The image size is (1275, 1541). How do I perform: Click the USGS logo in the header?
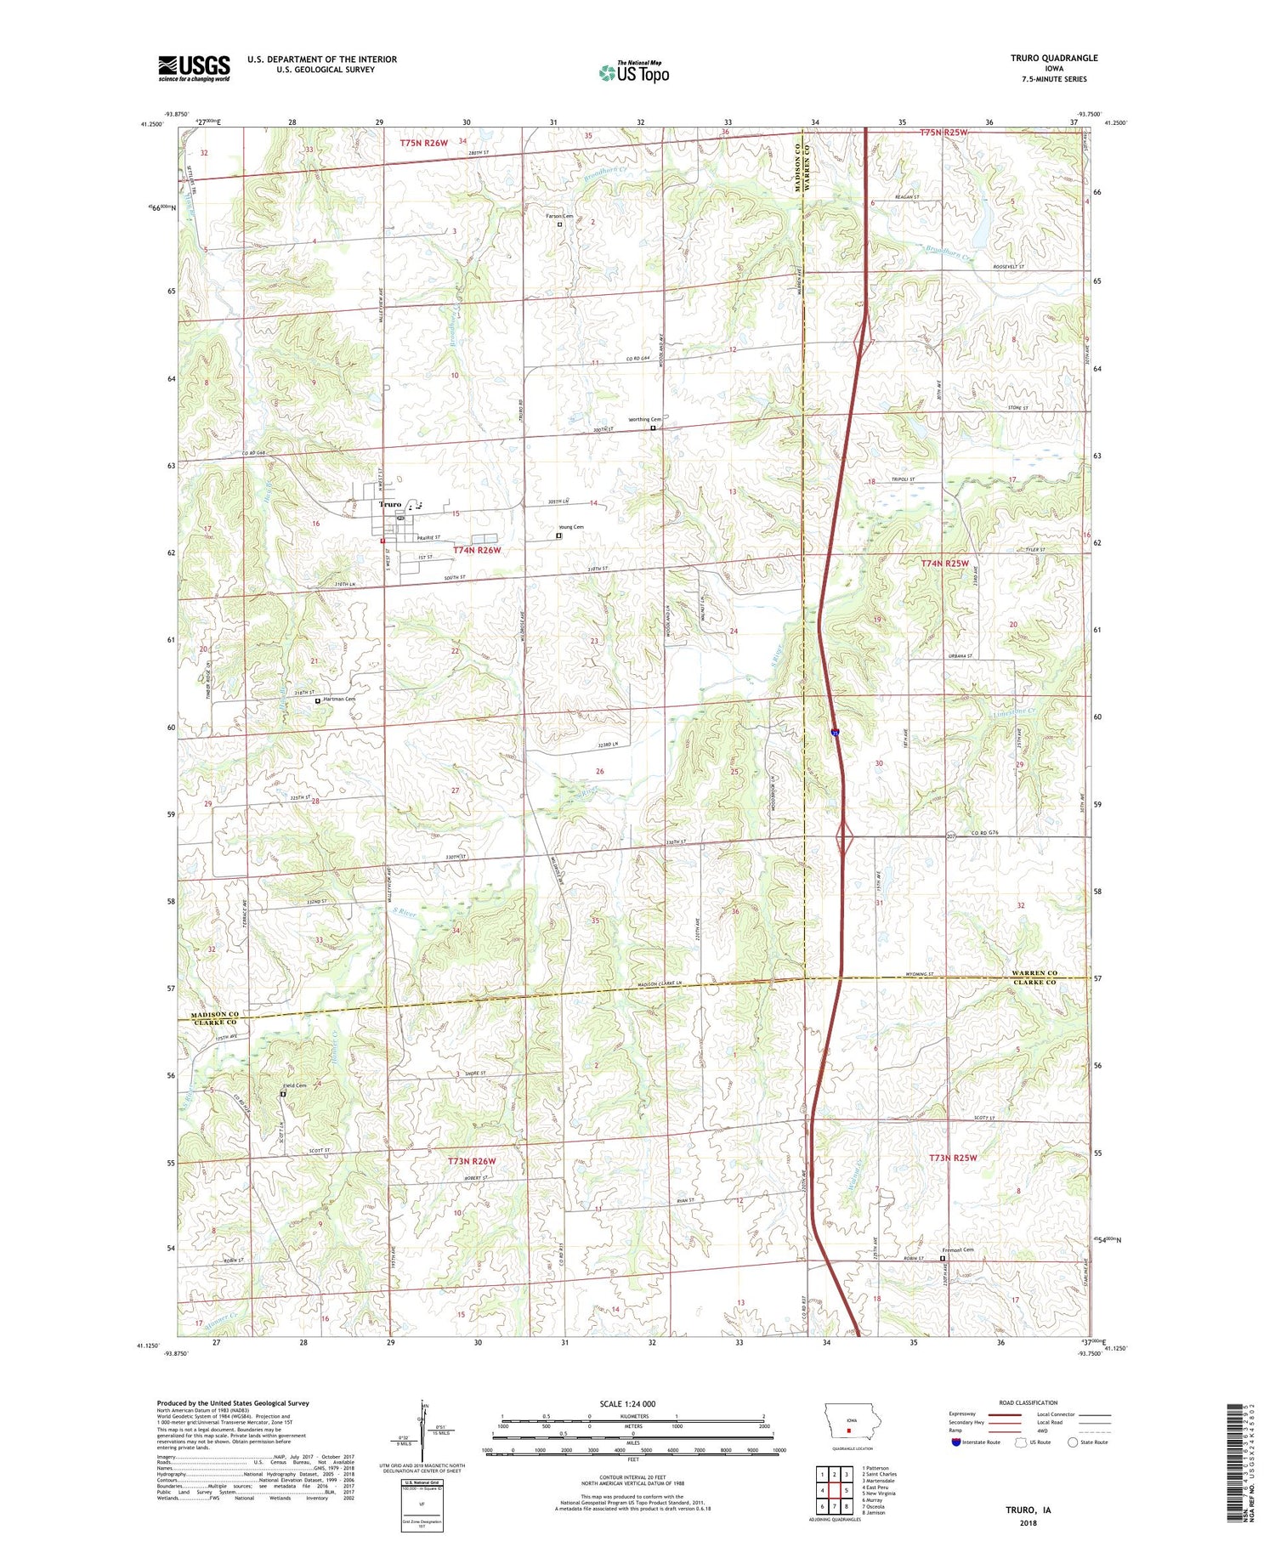(x=194, y=68)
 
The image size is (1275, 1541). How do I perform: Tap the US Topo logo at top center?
(x=633, y=73)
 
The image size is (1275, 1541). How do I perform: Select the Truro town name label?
(x=390, y=505)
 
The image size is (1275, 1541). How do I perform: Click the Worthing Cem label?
(x=644, y=420)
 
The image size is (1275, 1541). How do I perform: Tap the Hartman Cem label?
(x=338, y=700)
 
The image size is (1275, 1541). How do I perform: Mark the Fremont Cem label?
(x=957, y=1249)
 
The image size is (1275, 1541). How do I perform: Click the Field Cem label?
(x=294, y=1086)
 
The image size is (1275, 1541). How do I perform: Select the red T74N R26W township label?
(x=477, y=551)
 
